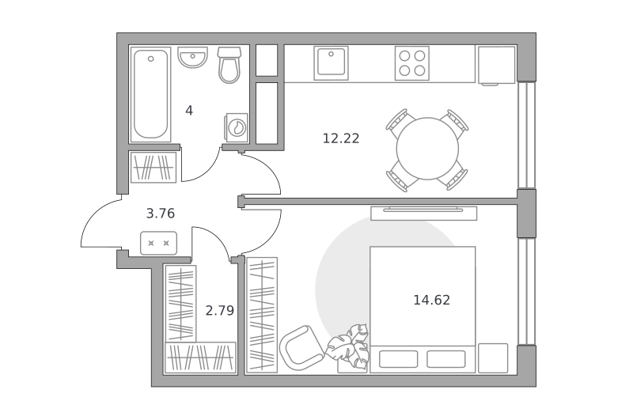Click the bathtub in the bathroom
click(x=150, y=94)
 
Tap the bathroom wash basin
click(x=192, y=57)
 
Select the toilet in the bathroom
click(x=229, y=65)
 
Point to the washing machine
click(x=237, y=127)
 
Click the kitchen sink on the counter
click(x=331, y=63)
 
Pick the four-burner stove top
click(x=411, y=63)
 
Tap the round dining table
click(x=427, y=149)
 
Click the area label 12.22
click(x=341, y=138)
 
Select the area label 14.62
click(x=431, y=300)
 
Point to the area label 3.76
click(x=161, y=213)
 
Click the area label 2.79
click(x=220, y=310)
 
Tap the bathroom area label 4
click(x=189, y=110)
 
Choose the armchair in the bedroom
click(x=301, y=348)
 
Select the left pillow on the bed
click(x=399, y=359)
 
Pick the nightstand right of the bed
click(x=493, y=358)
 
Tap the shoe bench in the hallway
click(x=159, y=243)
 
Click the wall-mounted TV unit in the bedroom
click(x=424, y=213)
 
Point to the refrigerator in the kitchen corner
click(x=497, y=65)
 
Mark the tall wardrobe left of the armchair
click(x=262, y=315)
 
